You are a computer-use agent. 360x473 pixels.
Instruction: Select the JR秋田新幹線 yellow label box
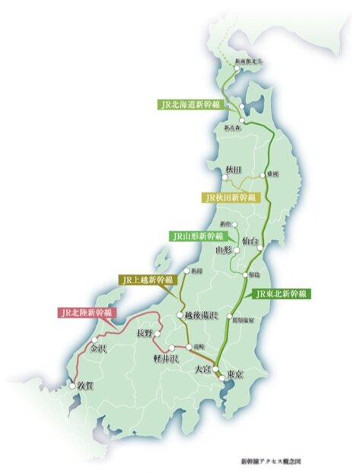(x=230, y=197)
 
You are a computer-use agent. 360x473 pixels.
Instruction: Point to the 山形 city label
(x=223, y=249)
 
